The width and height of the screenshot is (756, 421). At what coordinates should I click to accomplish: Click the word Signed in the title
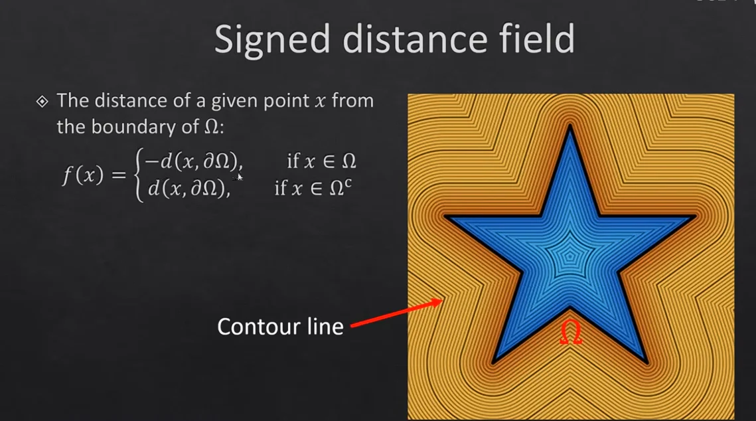coord(272,41)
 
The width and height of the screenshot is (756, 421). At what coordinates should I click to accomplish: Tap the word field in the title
coord(536,38)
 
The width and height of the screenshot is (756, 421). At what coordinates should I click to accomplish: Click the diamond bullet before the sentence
coord(42,102)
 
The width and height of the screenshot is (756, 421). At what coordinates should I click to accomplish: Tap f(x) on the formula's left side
coord(82,174)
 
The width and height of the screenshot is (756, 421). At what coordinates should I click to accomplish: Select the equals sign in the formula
coord(119,175)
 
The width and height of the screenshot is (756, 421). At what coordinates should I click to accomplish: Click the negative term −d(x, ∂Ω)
coord(193,161)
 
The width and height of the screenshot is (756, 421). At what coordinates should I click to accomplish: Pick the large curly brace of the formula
coord(139,175)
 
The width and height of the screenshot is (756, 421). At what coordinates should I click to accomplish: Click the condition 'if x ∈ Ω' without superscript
coord(322,161)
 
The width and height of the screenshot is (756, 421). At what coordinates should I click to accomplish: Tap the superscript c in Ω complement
coord(348,183)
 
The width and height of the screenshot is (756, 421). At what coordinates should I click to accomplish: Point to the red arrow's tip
coord(441,301)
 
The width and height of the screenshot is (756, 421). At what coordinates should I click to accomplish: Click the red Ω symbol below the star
coord(571,333)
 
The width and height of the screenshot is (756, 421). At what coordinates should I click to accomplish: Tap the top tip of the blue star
coord(570,126)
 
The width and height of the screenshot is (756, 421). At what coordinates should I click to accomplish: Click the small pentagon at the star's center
coord(570,256)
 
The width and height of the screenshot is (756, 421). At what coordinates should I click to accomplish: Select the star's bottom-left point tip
coord(493,363)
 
